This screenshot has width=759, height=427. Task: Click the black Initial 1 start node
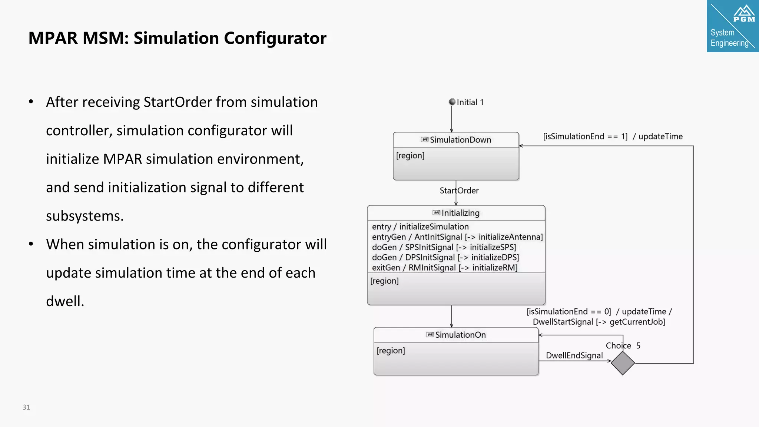(452, 102)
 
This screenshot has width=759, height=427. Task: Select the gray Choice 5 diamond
(623, 363)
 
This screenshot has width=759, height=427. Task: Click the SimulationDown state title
(460, 140)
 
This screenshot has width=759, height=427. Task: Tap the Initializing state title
(460, 213)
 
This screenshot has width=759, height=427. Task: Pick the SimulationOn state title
(460, 335)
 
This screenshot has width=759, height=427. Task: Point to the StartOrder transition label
(459, 191)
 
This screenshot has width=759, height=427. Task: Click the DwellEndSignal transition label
(574, 355)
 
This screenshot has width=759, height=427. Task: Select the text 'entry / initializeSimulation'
(420, 226)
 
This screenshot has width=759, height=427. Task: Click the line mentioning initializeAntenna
(457, 237)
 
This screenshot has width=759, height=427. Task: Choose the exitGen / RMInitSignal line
(445, 268)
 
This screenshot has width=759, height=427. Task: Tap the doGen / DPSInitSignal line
(445, 257)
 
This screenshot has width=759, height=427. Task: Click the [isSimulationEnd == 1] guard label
(585, 136)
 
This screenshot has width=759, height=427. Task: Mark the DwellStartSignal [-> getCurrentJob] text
(599, 322)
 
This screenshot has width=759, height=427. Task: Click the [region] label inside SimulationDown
(410, 155)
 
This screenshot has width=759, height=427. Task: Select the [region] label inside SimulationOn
(391, 350)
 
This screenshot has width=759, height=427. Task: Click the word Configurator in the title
(275, 38)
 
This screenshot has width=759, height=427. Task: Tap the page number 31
(26, 407)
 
